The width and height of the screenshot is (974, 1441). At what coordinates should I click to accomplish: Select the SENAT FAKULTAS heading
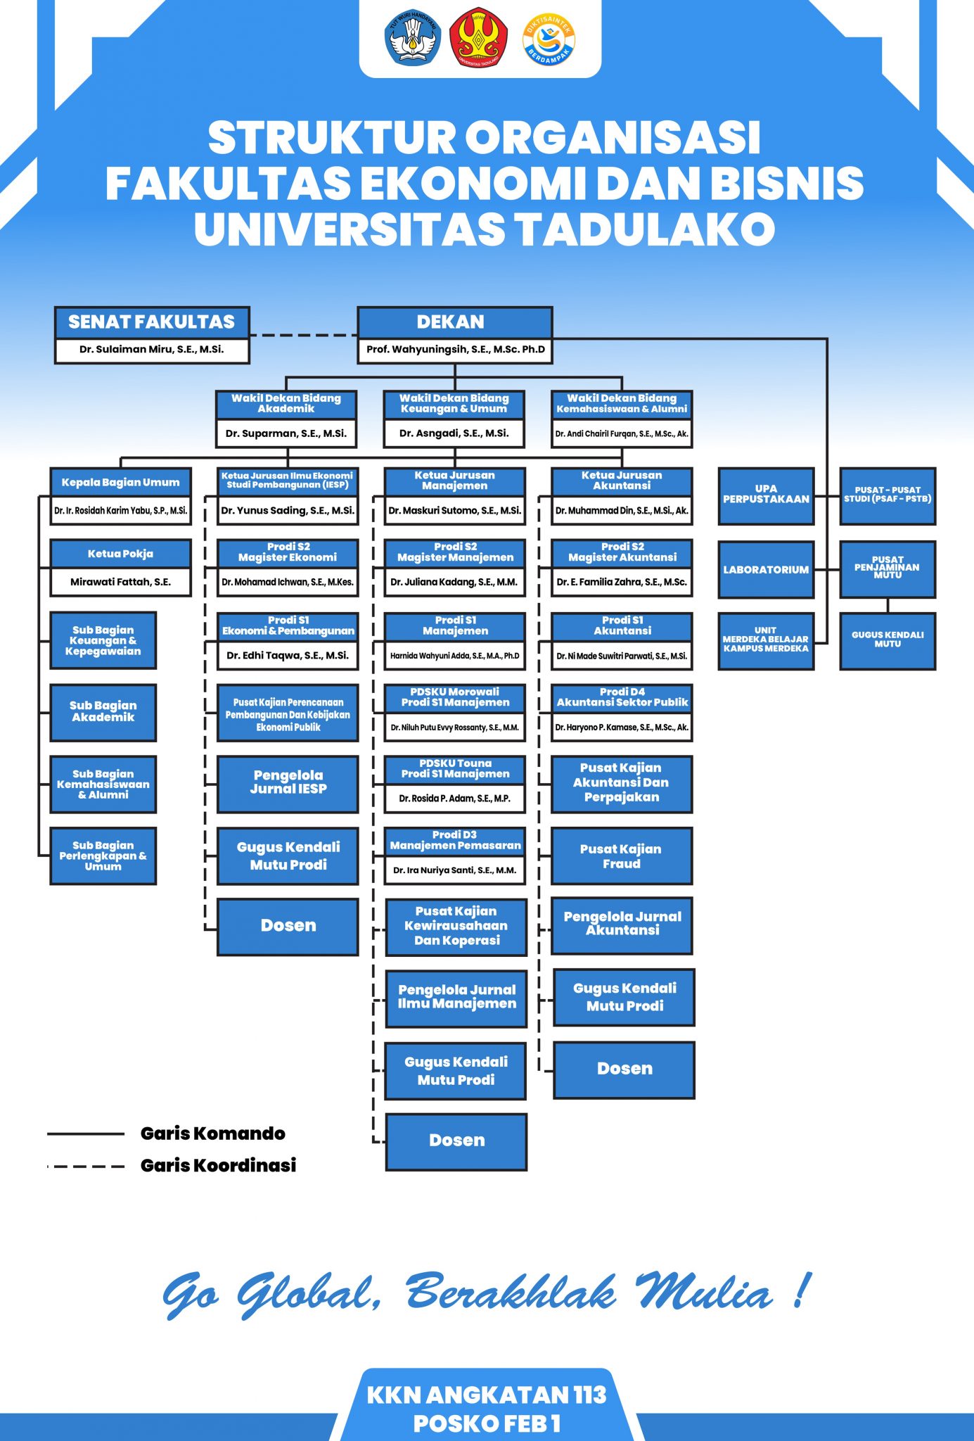pyautogui.click(x=152, y=322)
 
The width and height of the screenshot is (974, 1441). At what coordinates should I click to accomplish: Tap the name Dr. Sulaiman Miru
pyautogui.click(x=152, y=349)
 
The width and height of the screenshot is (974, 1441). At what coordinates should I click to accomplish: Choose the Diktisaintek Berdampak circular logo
pyautogui.click(x=549, y=39)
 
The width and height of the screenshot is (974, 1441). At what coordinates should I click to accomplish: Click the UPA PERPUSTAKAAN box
pyautogui.click(x=766, y=495)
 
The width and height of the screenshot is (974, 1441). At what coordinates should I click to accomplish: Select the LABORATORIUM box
pyautogui.click(x=766, y=570)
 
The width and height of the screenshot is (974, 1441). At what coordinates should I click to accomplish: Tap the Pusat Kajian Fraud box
pyautogui.click(x=621, y=856)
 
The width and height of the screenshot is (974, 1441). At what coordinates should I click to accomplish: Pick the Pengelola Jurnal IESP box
pyautogui.click(x=288, y=783)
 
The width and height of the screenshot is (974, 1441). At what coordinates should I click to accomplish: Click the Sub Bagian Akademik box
pyautogui.click(x=103, y=711)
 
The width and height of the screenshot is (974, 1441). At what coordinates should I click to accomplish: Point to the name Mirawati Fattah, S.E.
pyautogui.click(x=120, y=582)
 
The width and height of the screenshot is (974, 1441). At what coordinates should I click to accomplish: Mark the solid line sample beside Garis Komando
pyautogui.click(x=86, y=1134)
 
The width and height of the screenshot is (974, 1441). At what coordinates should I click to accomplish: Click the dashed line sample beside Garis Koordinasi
pyautogui.click(x=86, y=1166)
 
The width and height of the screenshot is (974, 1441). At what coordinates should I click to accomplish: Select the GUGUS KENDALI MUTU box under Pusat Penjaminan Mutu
pyautogui.click(x=888, y=640)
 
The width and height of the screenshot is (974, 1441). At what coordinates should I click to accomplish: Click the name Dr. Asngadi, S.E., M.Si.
pyautogui.click(x=454, y=433)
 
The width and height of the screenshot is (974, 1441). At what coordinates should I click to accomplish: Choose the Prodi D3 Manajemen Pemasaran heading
pyautogui.click(x=456, y=841)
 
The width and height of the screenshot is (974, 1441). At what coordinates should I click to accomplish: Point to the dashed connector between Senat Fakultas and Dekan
pyautogui.click(x=303, y=336)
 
